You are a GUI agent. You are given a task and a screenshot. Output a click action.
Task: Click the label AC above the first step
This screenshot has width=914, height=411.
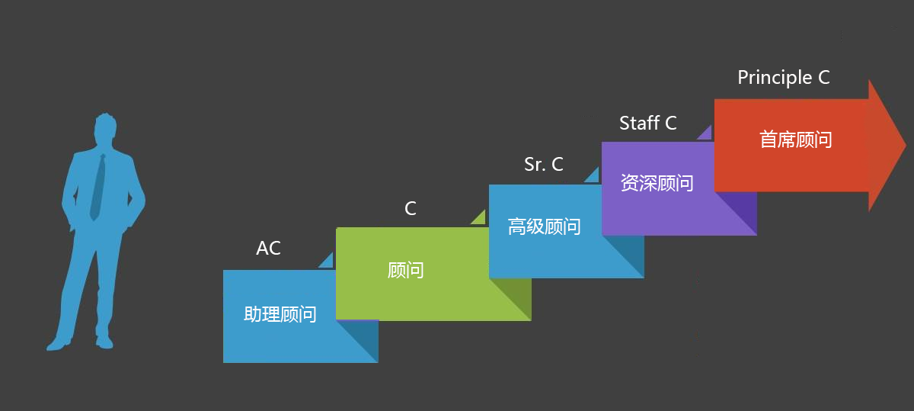268,249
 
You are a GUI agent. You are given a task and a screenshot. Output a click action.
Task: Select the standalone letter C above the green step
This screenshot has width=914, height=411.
411,208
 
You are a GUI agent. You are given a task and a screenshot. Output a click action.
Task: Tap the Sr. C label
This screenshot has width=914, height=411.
544,164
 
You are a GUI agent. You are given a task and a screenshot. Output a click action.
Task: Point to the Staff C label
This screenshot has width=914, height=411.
648,123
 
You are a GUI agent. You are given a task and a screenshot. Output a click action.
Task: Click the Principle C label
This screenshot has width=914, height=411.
784,78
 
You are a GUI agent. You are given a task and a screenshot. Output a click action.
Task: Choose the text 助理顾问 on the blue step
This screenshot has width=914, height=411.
280,314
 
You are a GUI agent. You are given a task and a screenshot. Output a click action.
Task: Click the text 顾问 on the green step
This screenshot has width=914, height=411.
405,270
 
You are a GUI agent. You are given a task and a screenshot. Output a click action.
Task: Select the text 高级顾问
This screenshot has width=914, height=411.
544,226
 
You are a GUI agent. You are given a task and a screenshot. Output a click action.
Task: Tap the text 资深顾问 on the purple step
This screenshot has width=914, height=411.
657,183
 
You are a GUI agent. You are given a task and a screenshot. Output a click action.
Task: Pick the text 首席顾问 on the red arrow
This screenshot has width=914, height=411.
795,140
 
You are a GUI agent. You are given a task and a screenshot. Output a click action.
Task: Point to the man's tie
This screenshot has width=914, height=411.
97,187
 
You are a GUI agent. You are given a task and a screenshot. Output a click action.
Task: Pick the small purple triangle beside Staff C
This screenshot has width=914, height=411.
706,133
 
